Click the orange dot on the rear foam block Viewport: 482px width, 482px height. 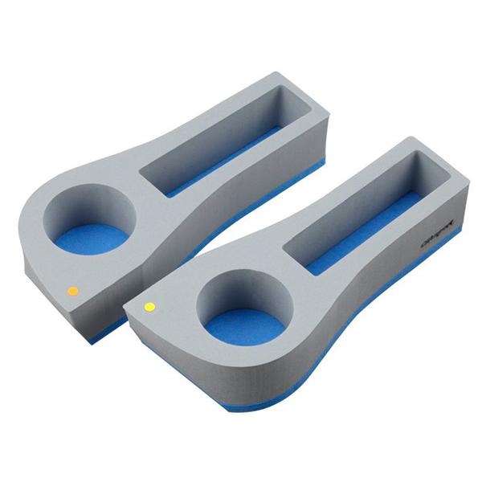point(72,290)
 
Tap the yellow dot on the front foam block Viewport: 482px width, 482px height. point(149,306)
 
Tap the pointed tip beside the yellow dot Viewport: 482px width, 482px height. point(129,309)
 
